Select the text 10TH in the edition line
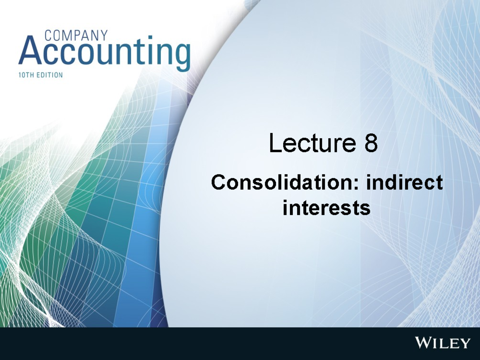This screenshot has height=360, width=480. click(x=27, y=75)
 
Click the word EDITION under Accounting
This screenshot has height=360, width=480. click(x=50, y=75)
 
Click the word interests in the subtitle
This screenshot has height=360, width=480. click(x=326, y=208)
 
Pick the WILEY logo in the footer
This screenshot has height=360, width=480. click(x=442, y=343)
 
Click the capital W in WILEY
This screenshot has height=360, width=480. click(x=424, y=343)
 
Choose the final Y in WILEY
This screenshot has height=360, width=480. click(x=465, y=343)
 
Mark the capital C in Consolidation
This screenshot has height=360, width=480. click(x=218, y=183)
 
